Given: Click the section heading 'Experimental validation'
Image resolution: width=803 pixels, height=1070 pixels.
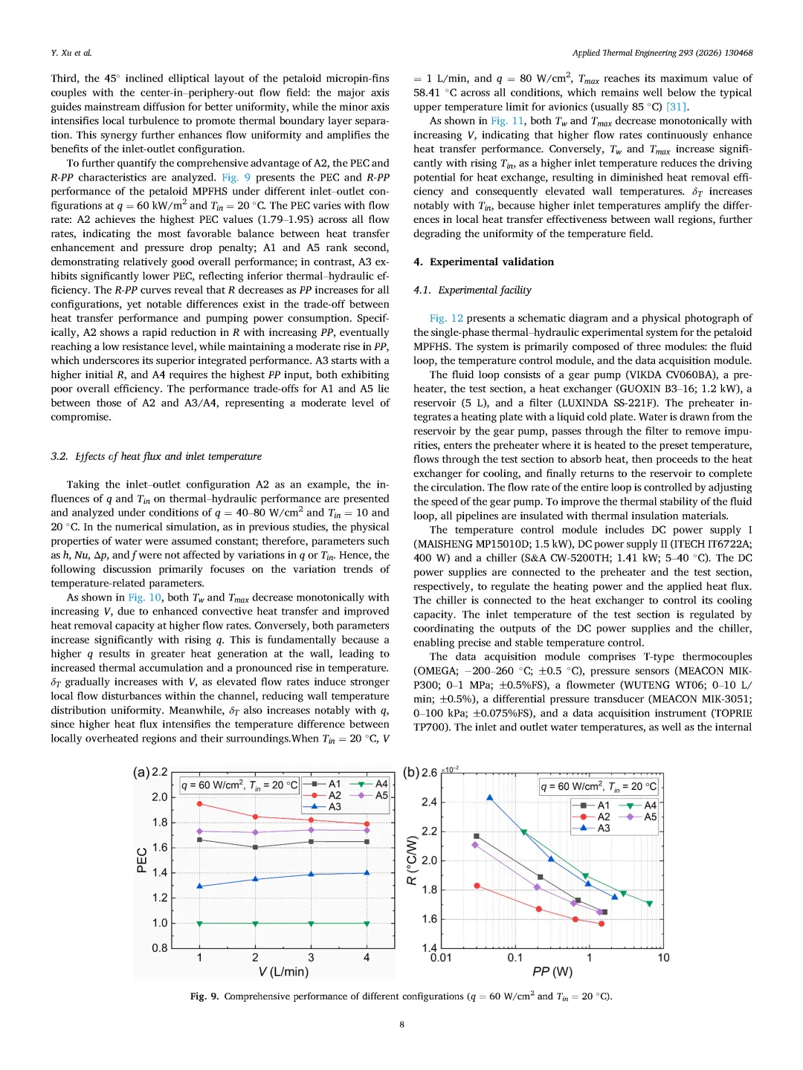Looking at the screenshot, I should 491,262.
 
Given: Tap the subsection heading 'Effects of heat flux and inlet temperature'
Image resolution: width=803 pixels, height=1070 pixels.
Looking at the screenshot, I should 164,456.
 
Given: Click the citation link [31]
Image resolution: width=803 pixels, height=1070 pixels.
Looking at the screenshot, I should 677,106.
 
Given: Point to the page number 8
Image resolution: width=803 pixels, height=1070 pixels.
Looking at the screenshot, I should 401,1024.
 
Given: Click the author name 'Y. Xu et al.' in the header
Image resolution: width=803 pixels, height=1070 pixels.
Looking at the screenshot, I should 71,53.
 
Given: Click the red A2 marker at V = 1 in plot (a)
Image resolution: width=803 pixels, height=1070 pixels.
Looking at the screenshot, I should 199,804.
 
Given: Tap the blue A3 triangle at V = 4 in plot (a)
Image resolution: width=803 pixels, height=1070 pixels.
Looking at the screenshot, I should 367,873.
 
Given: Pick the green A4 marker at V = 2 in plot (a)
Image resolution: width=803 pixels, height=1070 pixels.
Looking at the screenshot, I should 255,924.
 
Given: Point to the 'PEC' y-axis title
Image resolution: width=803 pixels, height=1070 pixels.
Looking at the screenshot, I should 142,860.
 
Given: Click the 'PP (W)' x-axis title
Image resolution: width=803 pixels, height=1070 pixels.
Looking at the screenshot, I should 552,972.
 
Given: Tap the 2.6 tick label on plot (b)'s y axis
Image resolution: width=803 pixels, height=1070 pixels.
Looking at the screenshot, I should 429,773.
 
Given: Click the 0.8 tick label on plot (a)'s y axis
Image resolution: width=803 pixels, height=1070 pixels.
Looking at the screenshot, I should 160,948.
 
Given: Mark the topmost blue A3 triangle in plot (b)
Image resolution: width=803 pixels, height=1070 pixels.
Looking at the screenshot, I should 489,798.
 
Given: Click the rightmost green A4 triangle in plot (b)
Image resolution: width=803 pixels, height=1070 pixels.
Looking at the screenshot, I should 649,904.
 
